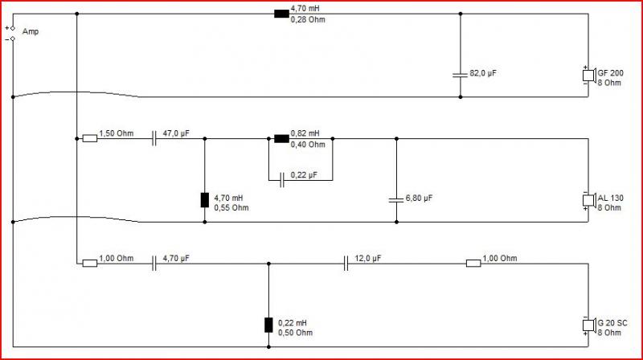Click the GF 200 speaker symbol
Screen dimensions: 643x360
pos(589,75)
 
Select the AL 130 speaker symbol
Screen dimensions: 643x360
pos(589,200)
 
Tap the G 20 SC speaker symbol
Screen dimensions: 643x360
pos(589,325)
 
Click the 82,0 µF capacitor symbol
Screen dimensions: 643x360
pos(460,75)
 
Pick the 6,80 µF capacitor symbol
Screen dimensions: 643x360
pos(396,200)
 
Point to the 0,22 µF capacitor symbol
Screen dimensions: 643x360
pos(282,180)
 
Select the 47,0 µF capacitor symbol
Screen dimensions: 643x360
pos(154,138)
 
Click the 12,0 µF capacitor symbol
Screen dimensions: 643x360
pos(346,264)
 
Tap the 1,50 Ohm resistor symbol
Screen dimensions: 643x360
pos(90,138)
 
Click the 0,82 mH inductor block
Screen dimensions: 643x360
pos(281,138)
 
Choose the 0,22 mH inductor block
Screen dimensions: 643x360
pos(268,325)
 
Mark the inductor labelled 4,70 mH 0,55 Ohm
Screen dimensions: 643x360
pos(205,200)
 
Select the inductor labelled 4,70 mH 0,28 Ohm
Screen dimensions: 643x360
pos(281,14)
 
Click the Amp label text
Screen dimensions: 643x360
pos(31,31)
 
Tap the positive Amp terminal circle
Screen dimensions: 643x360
pos(13,28)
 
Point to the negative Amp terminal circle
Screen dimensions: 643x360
pos(13,39)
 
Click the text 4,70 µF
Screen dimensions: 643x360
pos(176,258)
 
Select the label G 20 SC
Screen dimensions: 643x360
pos(612,323)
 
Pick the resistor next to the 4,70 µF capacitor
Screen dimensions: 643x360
pos(90,264)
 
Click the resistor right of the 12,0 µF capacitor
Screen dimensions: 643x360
pos(473,264)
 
